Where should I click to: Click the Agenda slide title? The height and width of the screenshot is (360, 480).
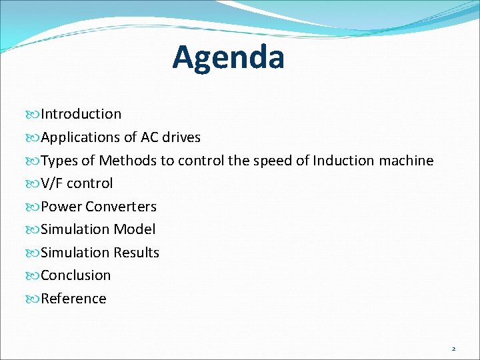click(228, 57)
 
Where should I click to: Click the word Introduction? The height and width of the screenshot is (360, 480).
click(81, 114)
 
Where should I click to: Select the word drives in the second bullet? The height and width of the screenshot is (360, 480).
click(180, 137)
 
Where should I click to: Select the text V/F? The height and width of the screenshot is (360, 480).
click(52, 183)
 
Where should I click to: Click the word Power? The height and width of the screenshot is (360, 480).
click(61, 207)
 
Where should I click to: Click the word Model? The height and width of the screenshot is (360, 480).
click(134, 229)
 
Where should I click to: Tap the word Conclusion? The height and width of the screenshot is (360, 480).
click(76, 275)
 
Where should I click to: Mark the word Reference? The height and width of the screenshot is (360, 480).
click(73, 299)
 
